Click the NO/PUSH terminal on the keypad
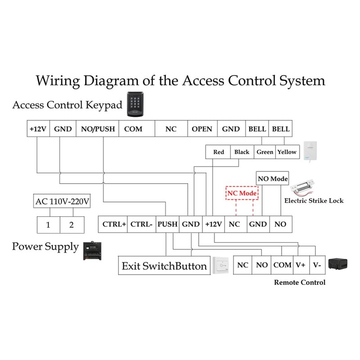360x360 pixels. pos(98,129)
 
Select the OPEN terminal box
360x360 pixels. pos(202,129)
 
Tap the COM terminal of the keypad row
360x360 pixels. pos(133,129)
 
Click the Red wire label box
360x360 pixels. pos(219,152)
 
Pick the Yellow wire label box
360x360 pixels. pos(287,152)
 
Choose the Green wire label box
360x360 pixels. pos(265,152)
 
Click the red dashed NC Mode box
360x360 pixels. pos(242,193)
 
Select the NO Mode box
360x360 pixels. pos(272,179)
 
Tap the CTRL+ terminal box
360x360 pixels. pos(114,224)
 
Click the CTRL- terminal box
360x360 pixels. pos(142,224)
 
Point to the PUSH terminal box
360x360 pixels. pos(168,224)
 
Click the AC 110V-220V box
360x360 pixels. pos(63,202)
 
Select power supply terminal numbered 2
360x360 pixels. pos(71,225)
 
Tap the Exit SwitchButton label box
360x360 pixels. pos(164,266)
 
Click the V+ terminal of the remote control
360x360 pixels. pos(300,265)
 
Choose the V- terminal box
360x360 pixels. pos(317,265)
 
